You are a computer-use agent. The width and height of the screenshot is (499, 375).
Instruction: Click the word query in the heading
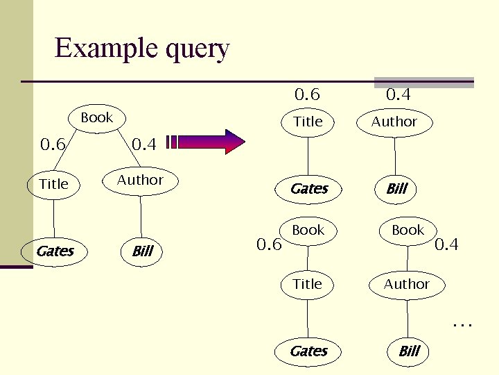(198, 50)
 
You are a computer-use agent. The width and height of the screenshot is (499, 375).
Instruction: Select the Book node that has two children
(96, 117)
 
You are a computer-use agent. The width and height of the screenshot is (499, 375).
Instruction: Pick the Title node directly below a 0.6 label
(308, 122)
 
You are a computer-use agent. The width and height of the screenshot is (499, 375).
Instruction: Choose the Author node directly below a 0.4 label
(394, 122)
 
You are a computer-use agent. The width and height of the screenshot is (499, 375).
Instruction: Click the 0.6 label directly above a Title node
(308, 94)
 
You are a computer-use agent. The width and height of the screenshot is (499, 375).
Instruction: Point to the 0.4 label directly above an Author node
(399, 94)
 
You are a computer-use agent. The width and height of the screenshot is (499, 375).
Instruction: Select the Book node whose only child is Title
(308, 230)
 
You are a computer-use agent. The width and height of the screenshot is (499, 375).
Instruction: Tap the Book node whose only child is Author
(408, 230)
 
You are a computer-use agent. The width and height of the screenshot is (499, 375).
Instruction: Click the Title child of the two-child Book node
(54, 184)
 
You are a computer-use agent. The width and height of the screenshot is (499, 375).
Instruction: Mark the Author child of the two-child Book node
(140, 180)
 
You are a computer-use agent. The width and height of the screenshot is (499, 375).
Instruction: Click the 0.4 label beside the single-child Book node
(446, 244)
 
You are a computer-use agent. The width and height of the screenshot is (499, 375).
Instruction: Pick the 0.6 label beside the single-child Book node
(269, 244)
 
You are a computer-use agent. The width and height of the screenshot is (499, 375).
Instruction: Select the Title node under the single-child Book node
(308, 284)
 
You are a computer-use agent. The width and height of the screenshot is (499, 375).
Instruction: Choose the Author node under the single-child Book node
(407, 284)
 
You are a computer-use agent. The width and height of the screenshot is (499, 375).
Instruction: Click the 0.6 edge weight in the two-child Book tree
(53, 145)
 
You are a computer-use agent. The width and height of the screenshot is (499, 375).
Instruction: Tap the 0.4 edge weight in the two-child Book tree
(144, 145)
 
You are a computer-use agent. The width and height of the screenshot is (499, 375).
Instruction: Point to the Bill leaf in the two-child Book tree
(142, 251)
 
